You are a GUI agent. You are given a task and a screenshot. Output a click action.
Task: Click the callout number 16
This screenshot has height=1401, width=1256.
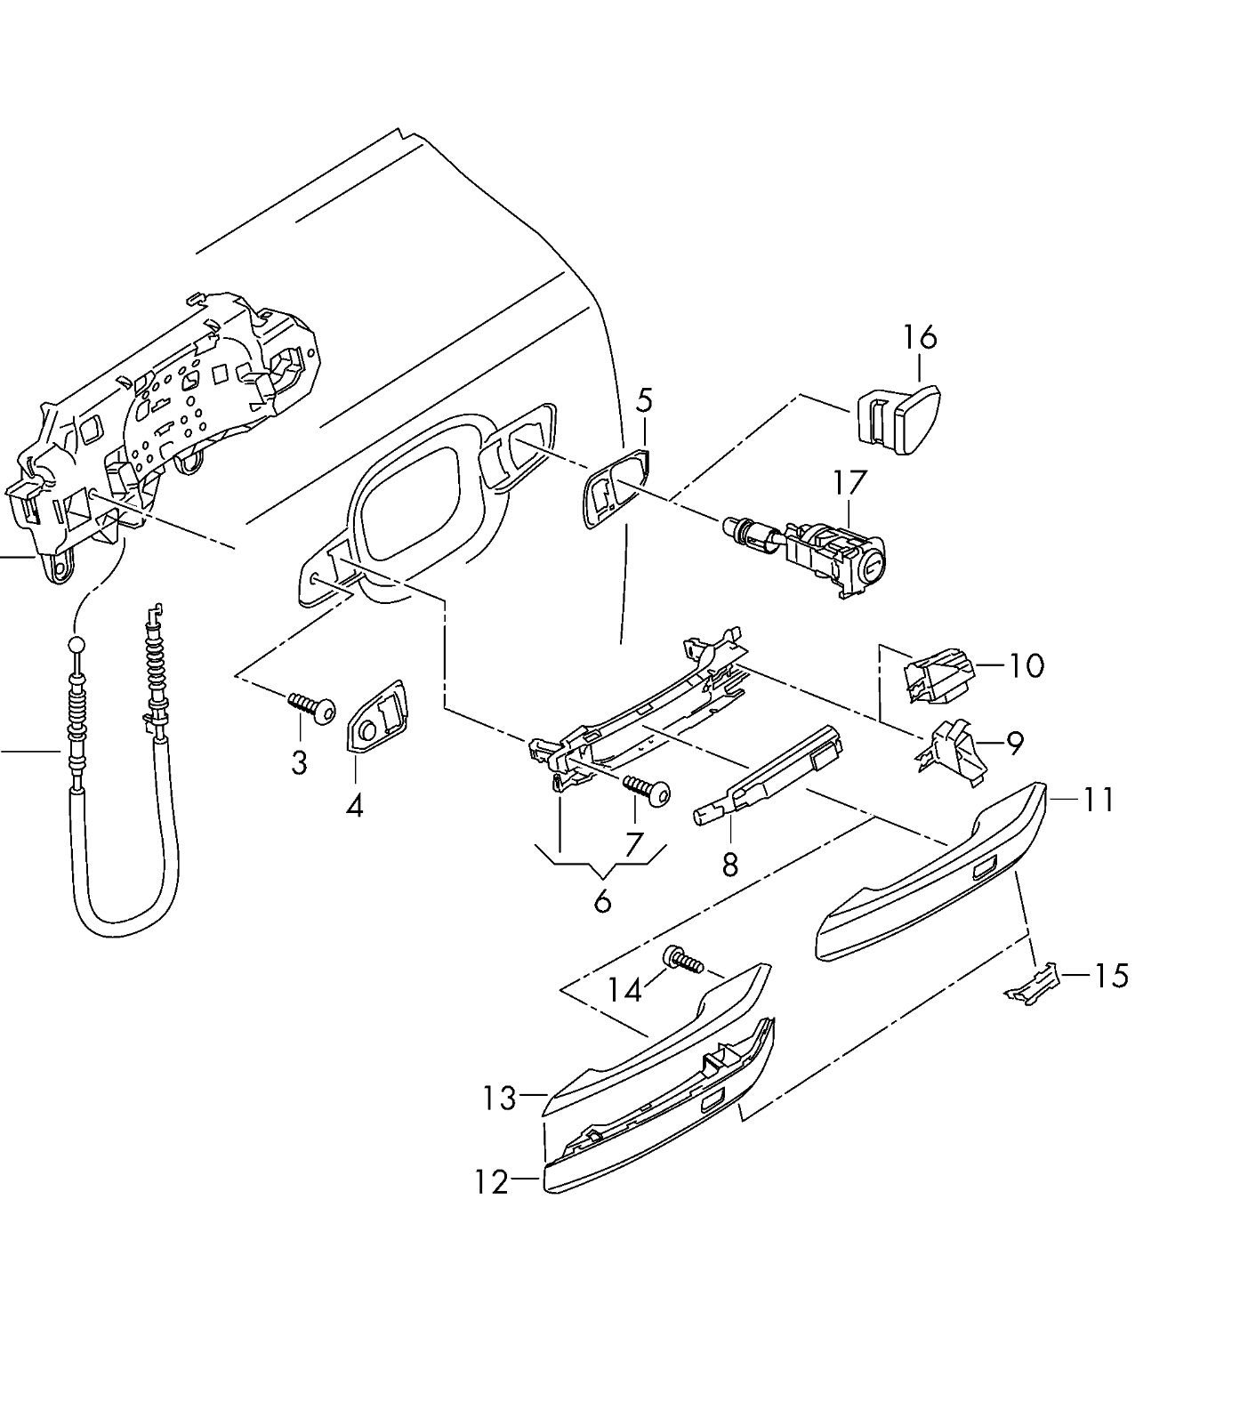(920, 337)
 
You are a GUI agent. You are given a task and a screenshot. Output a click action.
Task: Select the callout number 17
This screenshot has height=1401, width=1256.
(849, 483)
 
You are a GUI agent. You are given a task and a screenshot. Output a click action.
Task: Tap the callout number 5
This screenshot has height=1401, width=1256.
(644, 400)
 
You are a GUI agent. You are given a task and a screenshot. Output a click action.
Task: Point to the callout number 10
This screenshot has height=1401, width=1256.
(1027, 665)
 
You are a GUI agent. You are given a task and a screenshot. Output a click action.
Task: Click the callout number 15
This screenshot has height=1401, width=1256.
(1111, 976)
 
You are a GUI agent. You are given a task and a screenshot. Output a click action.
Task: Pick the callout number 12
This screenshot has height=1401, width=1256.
(492, 1182)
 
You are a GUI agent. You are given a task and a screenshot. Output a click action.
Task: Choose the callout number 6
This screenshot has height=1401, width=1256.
(602, 901)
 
